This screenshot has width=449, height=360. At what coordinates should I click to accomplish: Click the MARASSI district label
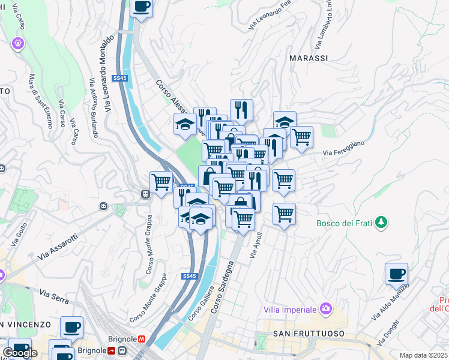click(x=309, y=58)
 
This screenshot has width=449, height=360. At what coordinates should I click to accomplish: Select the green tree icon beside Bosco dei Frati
click(x=380, y=223)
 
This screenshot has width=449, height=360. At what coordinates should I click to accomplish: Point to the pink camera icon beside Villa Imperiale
click(x=325, y=309)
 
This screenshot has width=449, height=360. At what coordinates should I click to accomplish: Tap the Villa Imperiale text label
click(x=290, y=310)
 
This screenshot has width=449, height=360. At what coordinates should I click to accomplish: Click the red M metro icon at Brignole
click(x=142, y=338)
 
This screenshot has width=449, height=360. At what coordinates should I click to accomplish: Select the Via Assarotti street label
click(x=59, y=247)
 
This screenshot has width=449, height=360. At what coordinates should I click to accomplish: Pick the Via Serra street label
click(x=53, y=294)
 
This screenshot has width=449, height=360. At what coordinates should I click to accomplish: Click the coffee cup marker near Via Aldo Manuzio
click(x=396, y=274)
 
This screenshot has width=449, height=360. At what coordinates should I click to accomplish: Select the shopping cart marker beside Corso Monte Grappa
click(x=161, y=182)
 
